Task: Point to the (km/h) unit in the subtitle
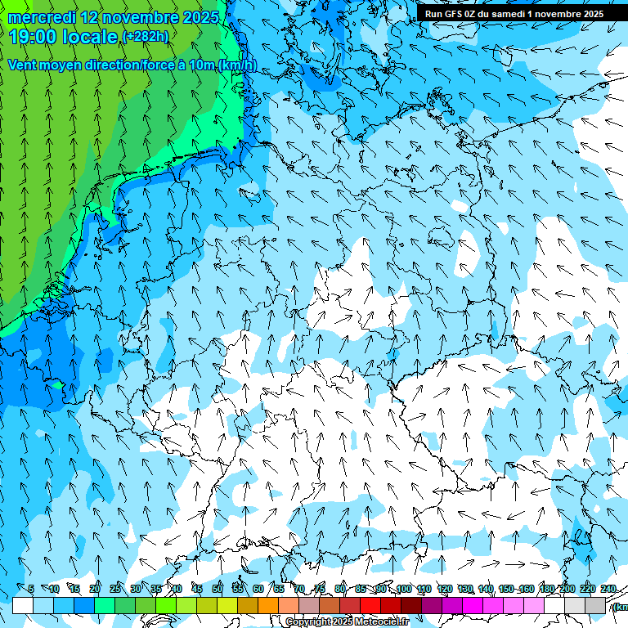tap(236, 65)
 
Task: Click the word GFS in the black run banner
tap(455, 14)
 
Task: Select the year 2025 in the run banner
tap(589, 14)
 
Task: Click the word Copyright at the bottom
tap(308, 622)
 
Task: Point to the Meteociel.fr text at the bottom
tap(379, 622)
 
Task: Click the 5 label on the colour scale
tap(31, 589)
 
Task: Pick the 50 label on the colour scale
tap(218, 589)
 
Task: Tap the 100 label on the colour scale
tap(403, 589)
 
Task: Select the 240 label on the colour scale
tap(608, 589)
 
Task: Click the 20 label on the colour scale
tap(95, 589)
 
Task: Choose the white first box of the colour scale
tap(23, 605)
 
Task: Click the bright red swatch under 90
tap(370, 605)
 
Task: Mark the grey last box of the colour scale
tap(595, 605)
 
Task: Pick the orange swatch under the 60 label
tap(248, 605)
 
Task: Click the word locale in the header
tap(90, 37)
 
